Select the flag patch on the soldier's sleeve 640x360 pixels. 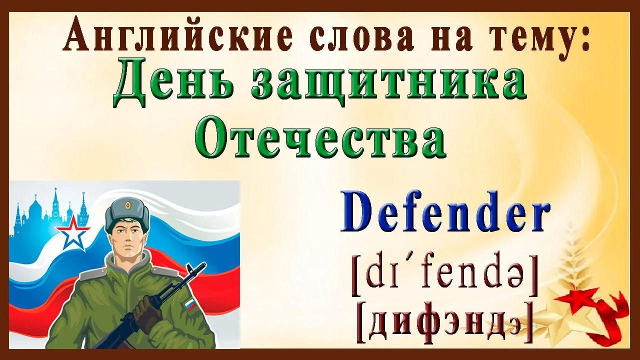[x=190, y=305]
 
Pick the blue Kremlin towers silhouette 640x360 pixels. [x=48, y=211]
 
